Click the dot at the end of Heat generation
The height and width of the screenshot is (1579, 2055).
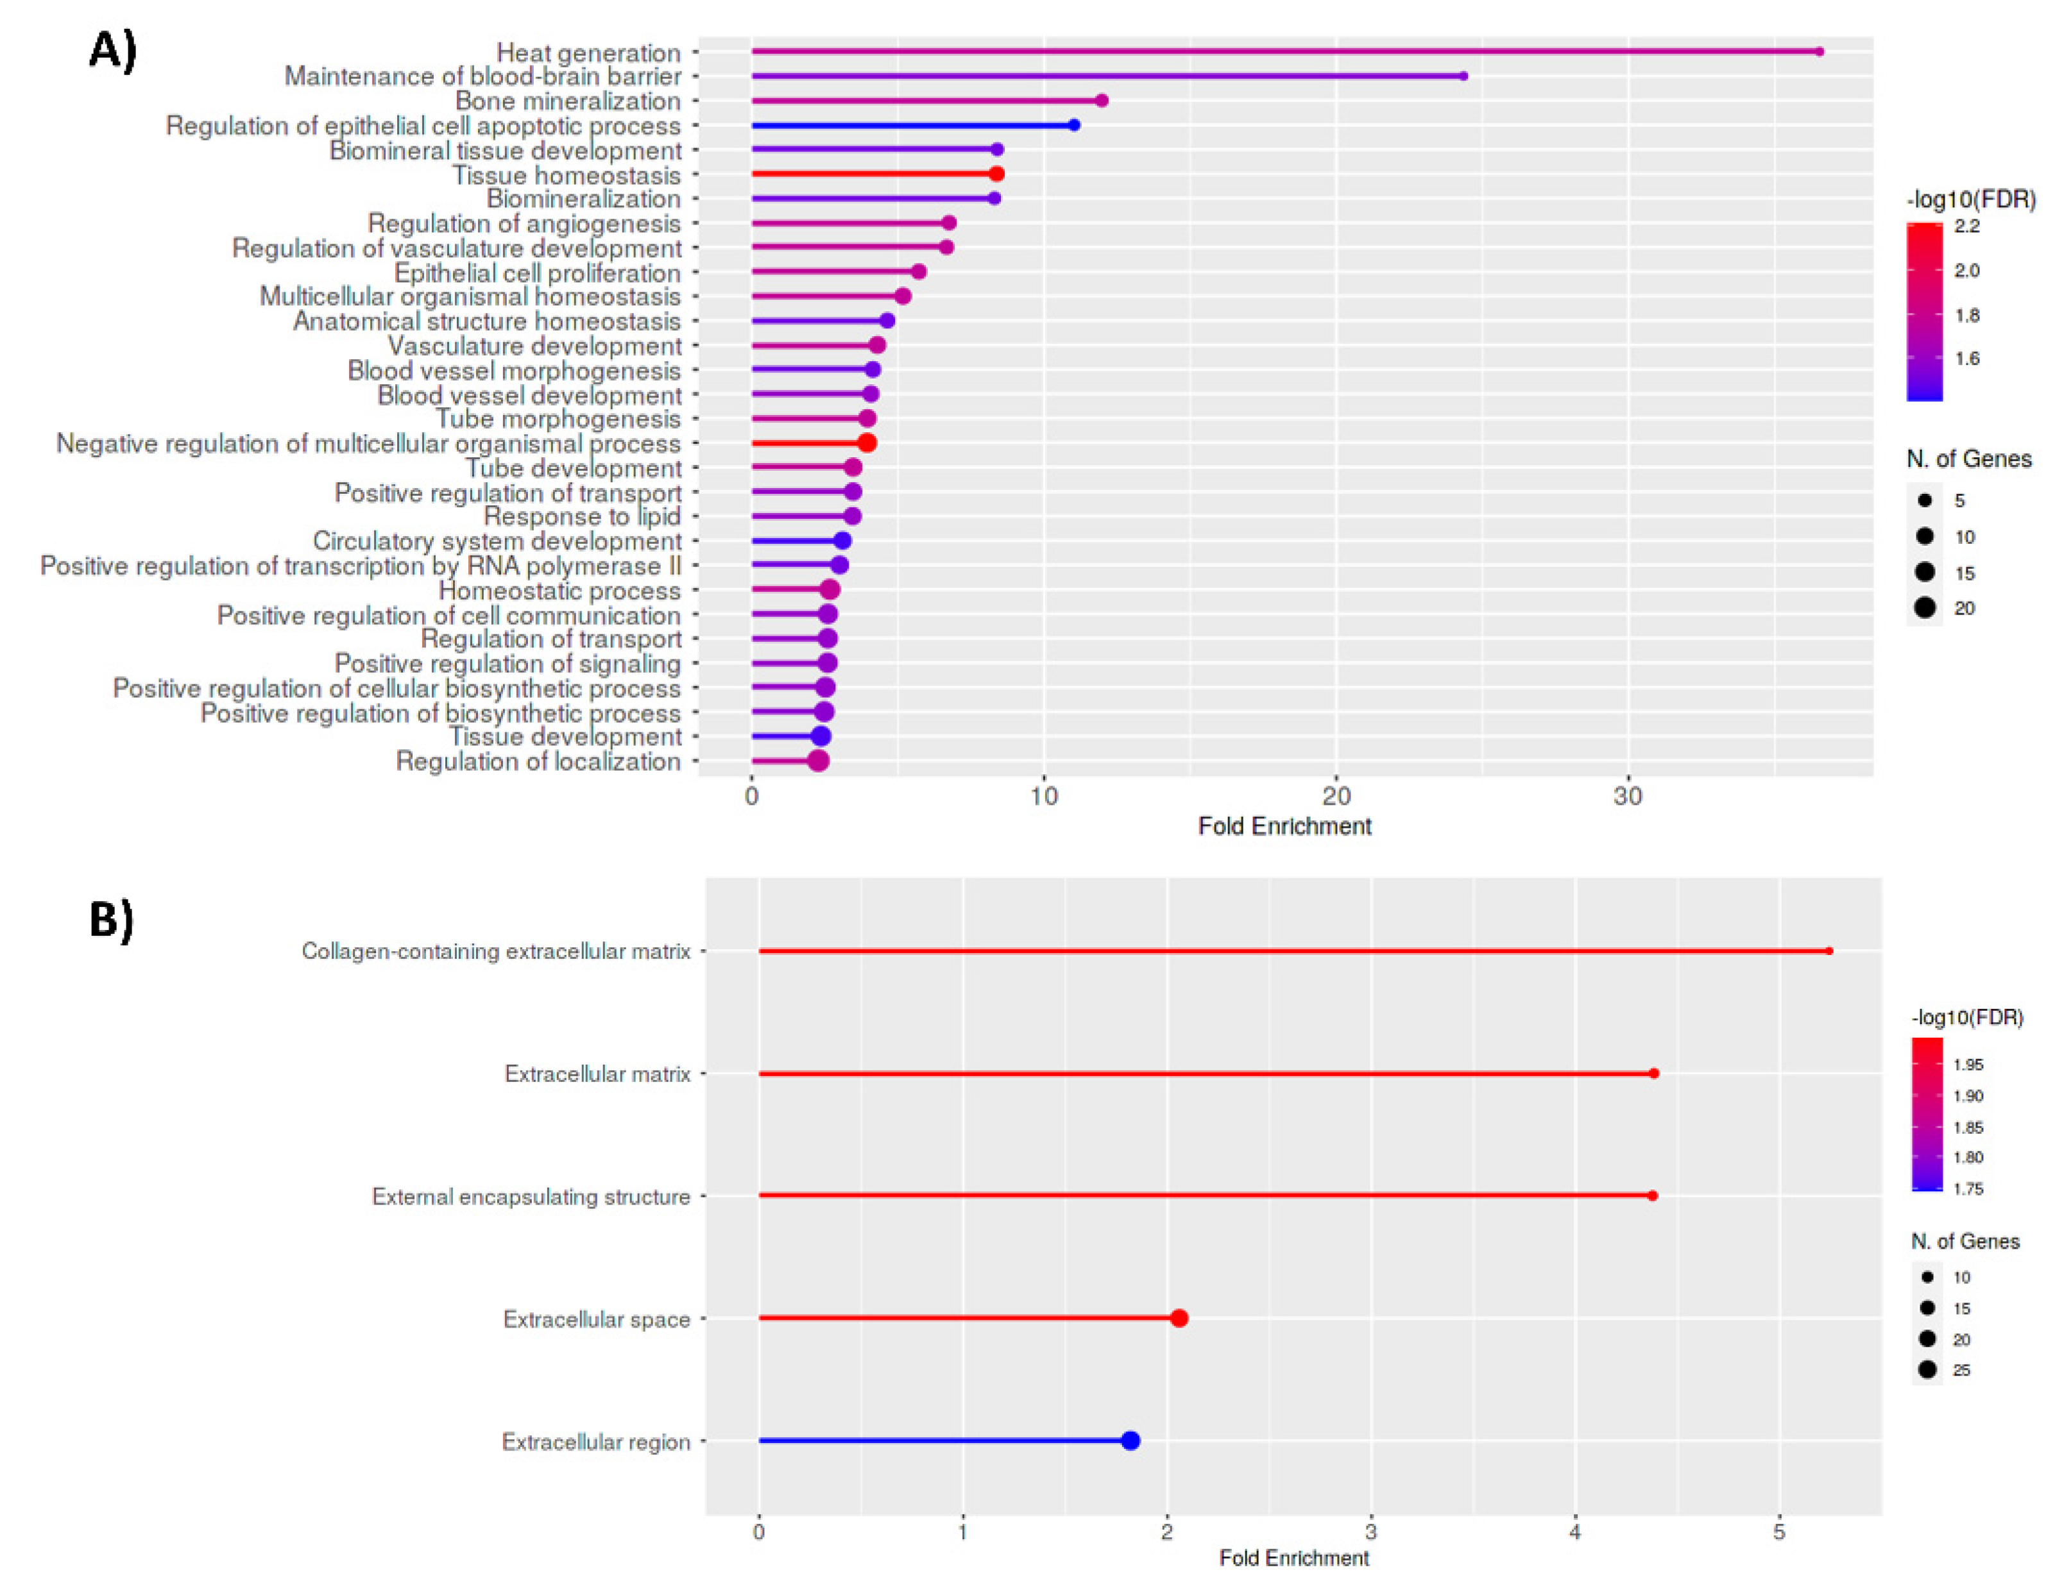tap(1818, 52)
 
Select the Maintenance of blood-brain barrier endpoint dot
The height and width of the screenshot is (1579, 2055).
tap(1463, 76)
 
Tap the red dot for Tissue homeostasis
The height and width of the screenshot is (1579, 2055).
tap(996, 174)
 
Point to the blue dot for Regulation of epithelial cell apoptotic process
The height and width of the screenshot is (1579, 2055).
tap(1073, 125)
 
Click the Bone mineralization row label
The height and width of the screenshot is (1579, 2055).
tap(567, 101)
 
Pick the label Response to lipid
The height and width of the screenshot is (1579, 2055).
tap(581, 516)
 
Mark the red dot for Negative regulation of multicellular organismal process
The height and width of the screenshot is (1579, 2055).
tap(867, 443)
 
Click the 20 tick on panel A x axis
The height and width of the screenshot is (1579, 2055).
tap(1335, 796)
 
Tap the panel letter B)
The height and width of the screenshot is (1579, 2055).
tap(111, 918)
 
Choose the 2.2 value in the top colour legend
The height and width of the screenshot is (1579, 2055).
tap(1966, 226)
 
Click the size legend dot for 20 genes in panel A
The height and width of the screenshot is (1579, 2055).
tap(1924, 608)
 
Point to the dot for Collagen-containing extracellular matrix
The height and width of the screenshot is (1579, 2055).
tap(1829, 951)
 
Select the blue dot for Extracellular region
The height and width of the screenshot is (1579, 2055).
tap(1130, 1441)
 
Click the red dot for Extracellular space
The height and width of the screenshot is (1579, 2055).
tap(1179, 1319)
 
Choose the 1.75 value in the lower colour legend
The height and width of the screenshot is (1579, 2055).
tap(1968, 1189)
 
